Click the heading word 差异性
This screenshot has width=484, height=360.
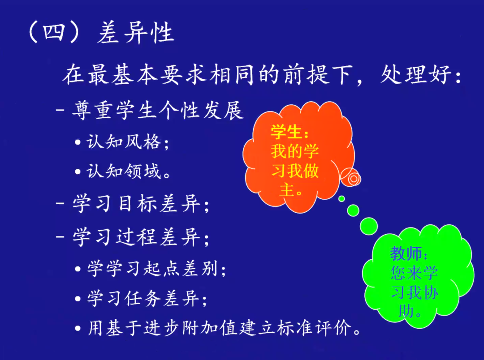coord(135,33)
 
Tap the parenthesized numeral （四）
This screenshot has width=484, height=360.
coord(54,32)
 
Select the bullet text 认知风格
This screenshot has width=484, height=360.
coord(124,142)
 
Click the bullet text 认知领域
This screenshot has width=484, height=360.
coord(124,171)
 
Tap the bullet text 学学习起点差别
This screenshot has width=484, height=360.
coord(153,268)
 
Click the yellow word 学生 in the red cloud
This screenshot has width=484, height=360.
coord(286,132)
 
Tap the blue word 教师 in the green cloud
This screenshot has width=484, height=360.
coord(406,253)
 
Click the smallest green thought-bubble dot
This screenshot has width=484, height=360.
coord(341,199)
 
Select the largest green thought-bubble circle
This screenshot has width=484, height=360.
coord(368,226)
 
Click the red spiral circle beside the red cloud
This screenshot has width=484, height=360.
coord(350,177)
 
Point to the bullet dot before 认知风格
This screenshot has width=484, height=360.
coord(78,142)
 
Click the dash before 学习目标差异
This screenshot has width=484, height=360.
coord(60,204)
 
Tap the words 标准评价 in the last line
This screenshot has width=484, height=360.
coord(314,328)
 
